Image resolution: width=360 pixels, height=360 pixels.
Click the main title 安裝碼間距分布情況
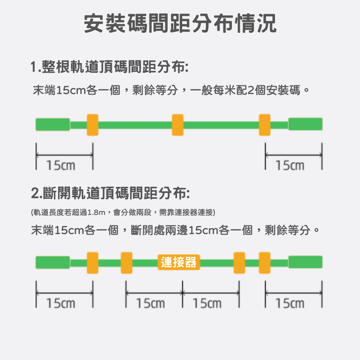[x=180, y=24]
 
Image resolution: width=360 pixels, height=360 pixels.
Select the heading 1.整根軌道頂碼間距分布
[x=109, y=67]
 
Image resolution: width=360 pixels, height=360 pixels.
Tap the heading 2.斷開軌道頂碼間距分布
[x=110, y=193]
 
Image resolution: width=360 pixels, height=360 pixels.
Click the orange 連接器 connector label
[x=179, y=262]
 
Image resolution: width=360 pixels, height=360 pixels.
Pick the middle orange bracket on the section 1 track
[x=178, y=125]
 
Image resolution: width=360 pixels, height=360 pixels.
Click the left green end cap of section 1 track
[x=53, y=125]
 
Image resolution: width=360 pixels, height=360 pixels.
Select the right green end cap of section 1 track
[x=305, y=124]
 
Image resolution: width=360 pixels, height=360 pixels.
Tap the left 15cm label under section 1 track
[x=61, y=166]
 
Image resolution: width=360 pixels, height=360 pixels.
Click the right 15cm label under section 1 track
[x=290, y=166]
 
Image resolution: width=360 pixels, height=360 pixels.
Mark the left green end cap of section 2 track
[x=53, y=262]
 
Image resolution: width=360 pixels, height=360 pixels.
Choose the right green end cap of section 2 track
[x=305, y=262]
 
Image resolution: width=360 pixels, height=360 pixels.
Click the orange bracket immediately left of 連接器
[x=126, y=263]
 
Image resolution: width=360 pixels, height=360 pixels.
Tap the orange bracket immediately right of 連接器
[x=239, y=263]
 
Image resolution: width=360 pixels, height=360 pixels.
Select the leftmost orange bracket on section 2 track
[x=93, y=263]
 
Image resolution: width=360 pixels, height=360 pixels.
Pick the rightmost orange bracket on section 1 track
[x=265, y=125]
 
